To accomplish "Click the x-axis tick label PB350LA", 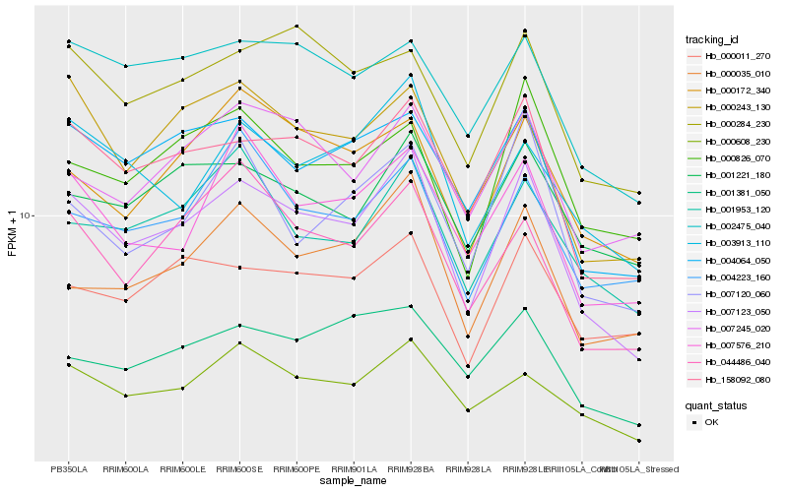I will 68,468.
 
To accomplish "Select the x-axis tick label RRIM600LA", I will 125,468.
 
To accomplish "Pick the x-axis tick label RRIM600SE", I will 239,468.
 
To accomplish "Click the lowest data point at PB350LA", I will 68,365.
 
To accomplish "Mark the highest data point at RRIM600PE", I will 296,26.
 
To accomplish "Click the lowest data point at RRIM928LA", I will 467,410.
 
